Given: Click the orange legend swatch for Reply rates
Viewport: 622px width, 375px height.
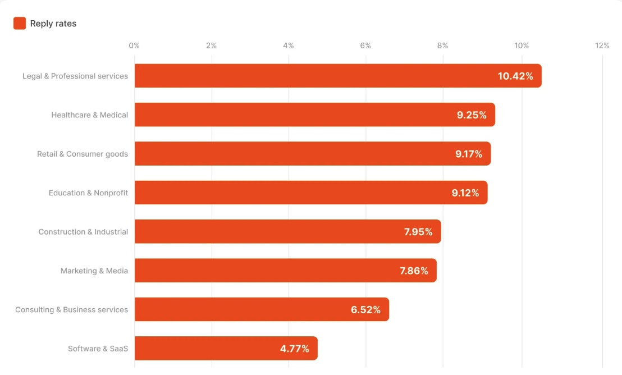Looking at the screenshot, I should point(20,24).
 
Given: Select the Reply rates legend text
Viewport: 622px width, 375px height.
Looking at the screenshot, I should point(53,24).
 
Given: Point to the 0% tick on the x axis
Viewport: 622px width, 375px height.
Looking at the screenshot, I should point(134,45).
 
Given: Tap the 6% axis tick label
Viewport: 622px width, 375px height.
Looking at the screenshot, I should point(365,45).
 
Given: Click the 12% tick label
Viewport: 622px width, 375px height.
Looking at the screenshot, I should point(602,45).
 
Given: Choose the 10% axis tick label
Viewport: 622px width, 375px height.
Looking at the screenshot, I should point(522,45).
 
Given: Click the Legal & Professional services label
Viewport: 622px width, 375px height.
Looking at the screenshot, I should point(75,76).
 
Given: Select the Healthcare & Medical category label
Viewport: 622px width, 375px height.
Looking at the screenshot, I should point(90,115).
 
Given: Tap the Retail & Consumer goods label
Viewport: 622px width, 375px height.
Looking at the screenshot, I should point(83,154).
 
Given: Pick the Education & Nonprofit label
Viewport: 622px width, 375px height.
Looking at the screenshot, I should point(88,193).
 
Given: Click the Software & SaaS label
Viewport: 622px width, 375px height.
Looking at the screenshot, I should point(98,349).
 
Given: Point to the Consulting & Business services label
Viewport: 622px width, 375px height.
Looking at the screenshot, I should point(72,310).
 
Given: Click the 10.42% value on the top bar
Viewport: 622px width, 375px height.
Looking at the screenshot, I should point(515,76).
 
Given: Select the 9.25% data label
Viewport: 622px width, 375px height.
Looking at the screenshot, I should point(472,115).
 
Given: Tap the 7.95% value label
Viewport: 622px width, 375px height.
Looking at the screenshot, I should point(418,232).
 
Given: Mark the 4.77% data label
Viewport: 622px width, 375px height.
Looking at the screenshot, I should point(295,349).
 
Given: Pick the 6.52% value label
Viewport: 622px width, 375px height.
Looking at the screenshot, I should point(366,310).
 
